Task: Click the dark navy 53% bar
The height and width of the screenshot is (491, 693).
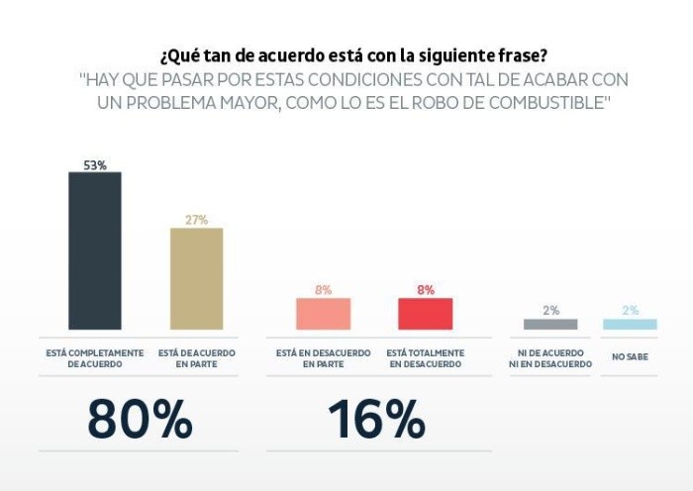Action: point(94,250)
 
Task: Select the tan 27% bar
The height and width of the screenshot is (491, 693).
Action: point(196,278)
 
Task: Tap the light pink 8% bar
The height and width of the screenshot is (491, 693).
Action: point(323,314)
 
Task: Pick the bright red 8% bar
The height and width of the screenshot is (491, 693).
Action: point(425,314)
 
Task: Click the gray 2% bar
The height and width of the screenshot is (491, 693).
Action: point(549,324)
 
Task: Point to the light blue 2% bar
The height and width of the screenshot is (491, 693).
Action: point(630,324)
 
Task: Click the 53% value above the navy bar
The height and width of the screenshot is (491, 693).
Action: point(95,164)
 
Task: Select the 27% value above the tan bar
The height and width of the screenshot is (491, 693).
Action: point(196,220)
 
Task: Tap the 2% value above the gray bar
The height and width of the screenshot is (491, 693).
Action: point(550,310)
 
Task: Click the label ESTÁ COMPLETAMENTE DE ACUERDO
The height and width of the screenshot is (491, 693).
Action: point(95,358)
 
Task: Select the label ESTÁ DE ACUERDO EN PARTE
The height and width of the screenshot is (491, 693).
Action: point(196,358)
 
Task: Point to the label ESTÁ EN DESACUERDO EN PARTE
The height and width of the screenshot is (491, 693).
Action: point(324,358)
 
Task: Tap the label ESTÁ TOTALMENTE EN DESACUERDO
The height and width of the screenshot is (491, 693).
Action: point(425,358)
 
